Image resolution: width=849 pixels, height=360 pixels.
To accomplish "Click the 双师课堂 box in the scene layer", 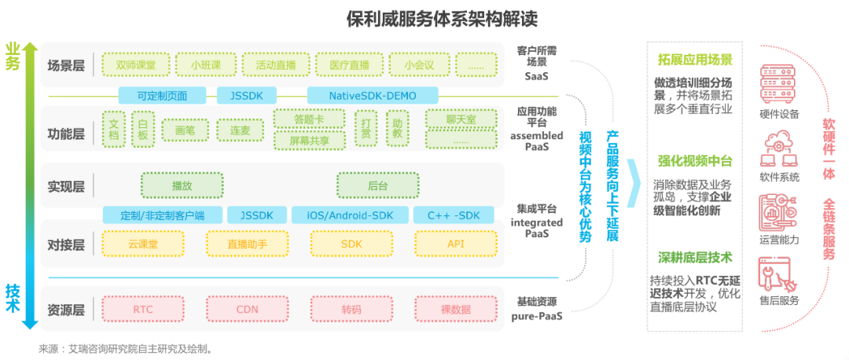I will click(x=135, y=64).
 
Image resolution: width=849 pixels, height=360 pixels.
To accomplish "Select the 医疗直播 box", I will click(x=347, y=64).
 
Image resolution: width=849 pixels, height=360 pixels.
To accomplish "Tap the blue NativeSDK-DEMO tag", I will click(x=373, y=95).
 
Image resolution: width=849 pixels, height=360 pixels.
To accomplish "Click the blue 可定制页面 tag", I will click(x=162, y=95).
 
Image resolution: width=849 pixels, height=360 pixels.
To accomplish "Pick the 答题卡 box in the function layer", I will click(x=309, y=119).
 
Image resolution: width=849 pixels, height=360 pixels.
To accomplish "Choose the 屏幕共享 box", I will click(x=309, y=141).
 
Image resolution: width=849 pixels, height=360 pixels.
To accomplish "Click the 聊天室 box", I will click(x=461, y=119).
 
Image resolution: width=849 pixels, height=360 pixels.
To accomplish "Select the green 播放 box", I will click(x=182, y=186).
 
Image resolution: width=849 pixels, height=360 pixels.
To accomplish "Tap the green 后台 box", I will click(x=377, y=186).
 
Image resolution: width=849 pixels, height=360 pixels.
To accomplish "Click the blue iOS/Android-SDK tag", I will click(x=350, y=215).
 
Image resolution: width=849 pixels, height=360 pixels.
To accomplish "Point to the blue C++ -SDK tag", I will click(x=453, y=215).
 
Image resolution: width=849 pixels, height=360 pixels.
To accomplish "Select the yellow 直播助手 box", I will click(x=247, y=244).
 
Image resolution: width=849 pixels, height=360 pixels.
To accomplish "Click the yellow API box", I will click(x=456, y=244).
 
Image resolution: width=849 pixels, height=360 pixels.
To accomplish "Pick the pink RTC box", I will click(x=143, y=309).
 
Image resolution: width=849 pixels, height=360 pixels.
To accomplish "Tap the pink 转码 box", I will click(x=351, y=309).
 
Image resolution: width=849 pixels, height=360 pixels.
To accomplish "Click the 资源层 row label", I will click(x=66, y=309).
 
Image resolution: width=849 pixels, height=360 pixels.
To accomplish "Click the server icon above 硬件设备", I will click(x=778, y=83).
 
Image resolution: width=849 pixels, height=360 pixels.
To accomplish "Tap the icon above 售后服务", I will click(x=778, y=274).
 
